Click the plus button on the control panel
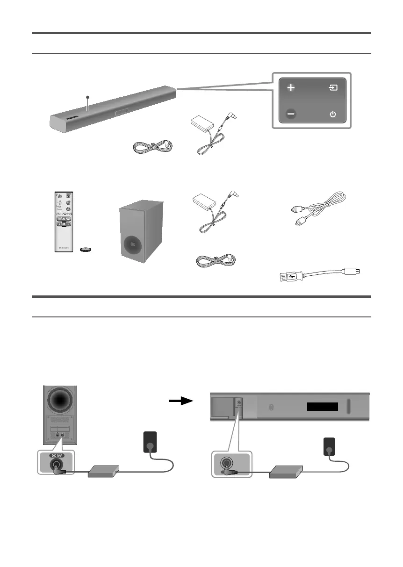tap(291, 87)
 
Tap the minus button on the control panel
tap(291, 114)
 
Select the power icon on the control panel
tap(333, 114)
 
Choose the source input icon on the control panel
tap(333, 87)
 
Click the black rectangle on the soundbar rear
tap(322, 407)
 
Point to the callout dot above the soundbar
tap(87, 97)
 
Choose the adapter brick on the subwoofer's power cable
tap(104, 471)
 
